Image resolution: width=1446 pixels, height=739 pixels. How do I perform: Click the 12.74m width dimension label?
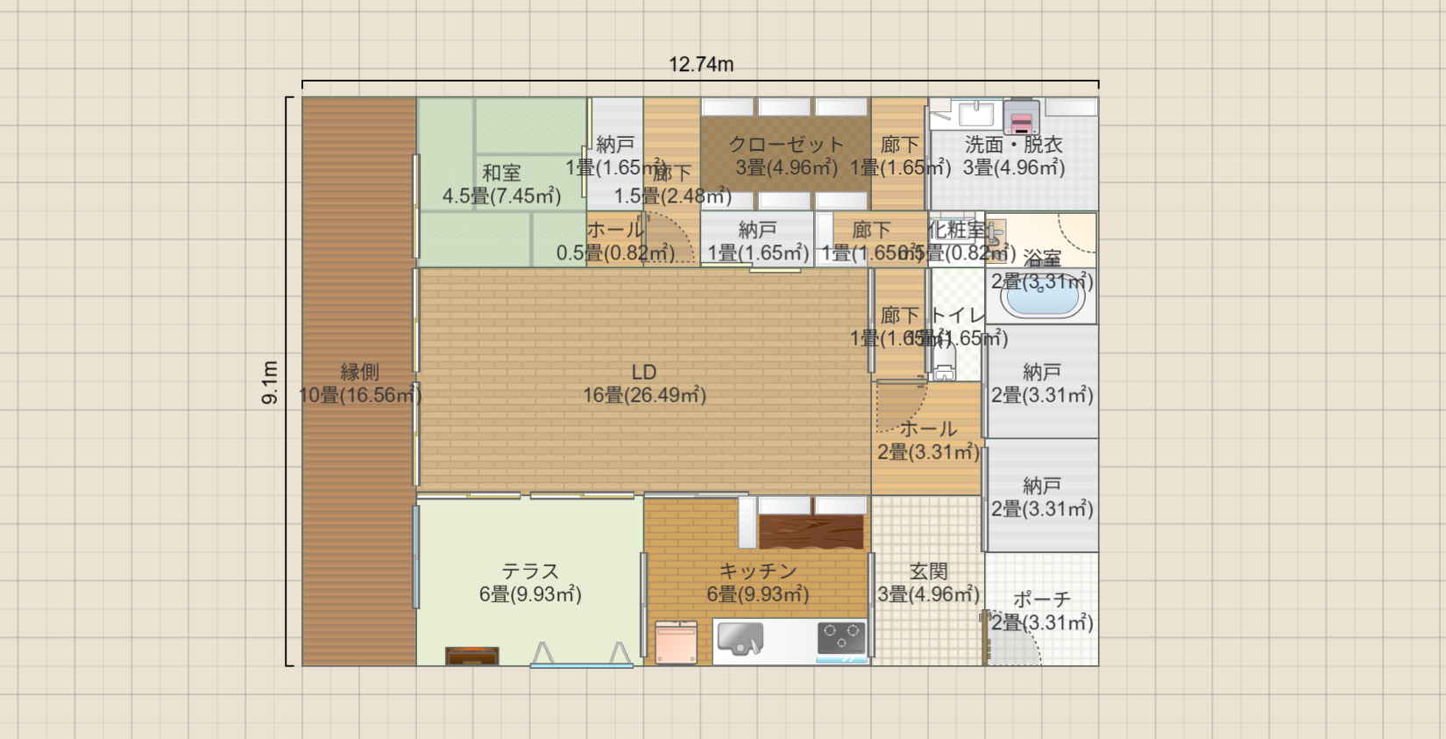pyautogui.click(x=701, y=64)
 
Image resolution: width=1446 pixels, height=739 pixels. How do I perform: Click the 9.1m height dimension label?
pyautogui.click(x=270, y=382)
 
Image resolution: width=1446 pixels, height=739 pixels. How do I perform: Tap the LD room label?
pyautogui.click(x=644, y=372)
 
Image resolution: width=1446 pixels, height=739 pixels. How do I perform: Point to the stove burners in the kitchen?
pyautogui.click(x=841, y=637)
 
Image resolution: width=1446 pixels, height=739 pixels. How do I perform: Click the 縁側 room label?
pyautogui.click(x=359, y=372)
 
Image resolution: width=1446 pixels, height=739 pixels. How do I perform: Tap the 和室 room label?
pyautogui.click(x=501, y=173)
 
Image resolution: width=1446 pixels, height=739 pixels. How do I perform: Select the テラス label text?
pyautogui.click(x=529, y=571)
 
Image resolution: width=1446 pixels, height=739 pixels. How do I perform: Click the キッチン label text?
pyautogui.click(x=757, y=571)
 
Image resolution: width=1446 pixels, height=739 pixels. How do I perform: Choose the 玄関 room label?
pyautogui.click(x=928, y=571)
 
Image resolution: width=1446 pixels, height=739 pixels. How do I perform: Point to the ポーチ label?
pyautogui.click(x=1041, y=600)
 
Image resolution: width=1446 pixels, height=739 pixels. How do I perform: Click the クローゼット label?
pyautogui.click(x=786, y=144)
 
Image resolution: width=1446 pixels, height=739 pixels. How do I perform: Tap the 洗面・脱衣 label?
pyautogui.click(x=1013, y=144)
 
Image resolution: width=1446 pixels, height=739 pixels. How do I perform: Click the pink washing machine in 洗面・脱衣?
pyautogui.click(x=1021, y=118)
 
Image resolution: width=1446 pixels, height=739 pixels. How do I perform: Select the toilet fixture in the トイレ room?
pyautogui.click(x=944, y=366)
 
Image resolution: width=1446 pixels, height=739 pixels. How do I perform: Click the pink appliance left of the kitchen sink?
pyautogui.click(x=676, y=642)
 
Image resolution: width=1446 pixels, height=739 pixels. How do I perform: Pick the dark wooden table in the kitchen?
pyautogui.click(x=811, y=531)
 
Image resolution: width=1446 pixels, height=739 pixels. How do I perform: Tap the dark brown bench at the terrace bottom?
pyautogui.click(x=471, y=655)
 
